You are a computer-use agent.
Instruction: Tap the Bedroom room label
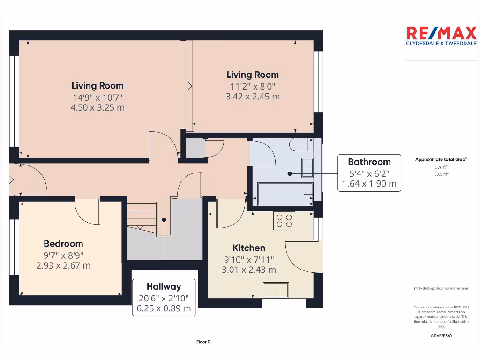click(63, 244)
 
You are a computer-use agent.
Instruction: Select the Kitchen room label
click(249, 248)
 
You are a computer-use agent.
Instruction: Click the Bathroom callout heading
click(369, 162)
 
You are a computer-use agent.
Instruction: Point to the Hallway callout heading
click(164, 286)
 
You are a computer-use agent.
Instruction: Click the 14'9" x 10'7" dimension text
click(97, 97)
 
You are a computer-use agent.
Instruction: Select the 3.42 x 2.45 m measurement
click(253, 97)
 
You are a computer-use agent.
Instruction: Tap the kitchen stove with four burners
click(284, 220)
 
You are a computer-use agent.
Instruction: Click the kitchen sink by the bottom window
click(276, 290)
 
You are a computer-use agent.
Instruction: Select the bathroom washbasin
click(308, 167)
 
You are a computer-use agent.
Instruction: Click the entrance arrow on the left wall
click(10, 179)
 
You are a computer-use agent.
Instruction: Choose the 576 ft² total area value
click(441, 167)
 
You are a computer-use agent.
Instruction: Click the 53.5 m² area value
click(441, 174)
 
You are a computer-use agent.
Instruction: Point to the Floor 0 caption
click(203, 342)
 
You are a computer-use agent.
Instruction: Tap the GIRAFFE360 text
click(441, 336)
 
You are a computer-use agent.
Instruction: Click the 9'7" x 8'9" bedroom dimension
click(63, 255)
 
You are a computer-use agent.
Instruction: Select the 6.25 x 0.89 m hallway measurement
click(164, 308)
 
